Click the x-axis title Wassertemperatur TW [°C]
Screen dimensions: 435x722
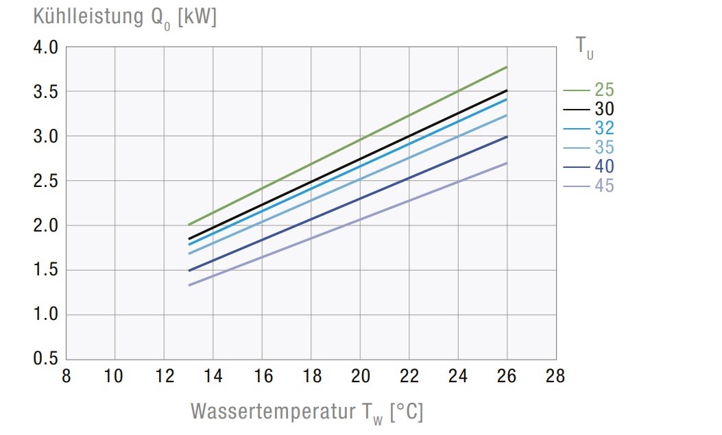(x=306, y=411)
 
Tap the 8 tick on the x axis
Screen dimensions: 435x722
(x=65, y=376)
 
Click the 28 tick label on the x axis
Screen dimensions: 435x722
(x=555, y=376)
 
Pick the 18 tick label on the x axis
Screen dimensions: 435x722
(x=311, y=376)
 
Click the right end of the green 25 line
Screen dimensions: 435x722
(x=507, y=67)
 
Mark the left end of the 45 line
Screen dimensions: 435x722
(x=189, y=285)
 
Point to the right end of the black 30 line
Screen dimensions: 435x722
(x=507, y=90)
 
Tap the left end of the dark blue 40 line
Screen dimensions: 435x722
(x=189, y=271)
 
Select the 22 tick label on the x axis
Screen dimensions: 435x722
(x=409, y=376)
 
